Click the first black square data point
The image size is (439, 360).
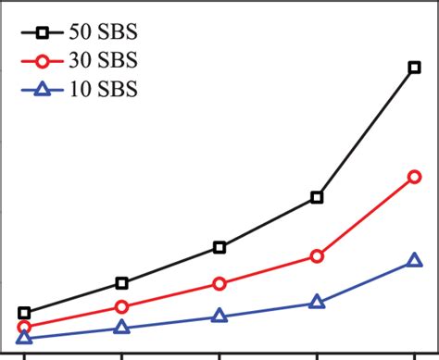coord(24,313)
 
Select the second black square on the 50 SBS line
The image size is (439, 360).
coord(121,282)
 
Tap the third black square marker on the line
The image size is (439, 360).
coord(219,247)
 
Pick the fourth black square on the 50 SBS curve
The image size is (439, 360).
coord(317,197)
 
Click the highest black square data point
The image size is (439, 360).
coord(413,67)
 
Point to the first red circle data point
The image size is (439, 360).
coord(24,328)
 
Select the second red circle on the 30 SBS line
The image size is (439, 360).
coord(121,306)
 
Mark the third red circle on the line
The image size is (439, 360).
coord(219,283)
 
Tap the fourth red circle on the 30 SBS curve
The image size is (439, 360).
coord(317,255)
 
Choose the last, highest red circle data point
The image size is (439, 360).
coord(413,176)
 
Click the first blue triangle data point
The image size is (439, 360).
coord(24,339)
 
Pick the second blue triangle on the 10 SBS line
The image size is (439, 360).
coord(121,328)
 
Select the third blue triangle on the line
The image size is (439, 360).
coord(219,316)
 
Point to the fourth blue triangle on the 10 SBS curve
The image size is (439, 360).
coord(317,302)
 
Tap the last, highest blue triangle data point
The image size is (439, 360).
coord(413,263)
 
